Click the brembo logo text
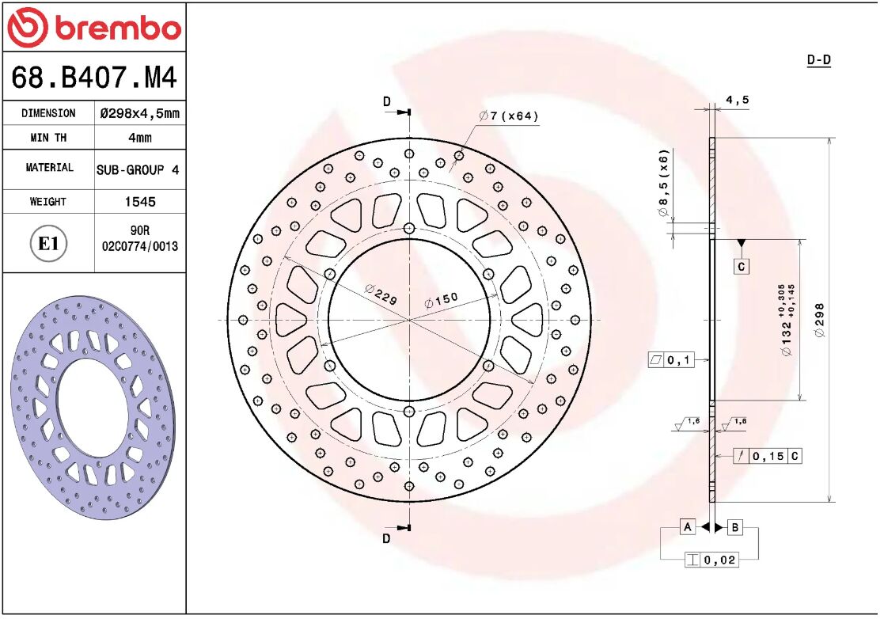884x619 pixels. [117, 28]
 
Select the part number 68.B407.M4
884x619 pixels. [93, 78]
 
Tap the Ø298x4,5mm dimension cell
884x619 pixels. [139, 113]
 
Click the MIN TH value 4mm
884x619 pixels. [139, 138]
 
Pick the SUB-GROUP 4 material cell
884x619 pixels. [138, 169]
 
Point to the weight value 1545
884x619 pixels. [140, 202]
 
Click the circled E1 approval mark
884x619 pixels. [48, 243]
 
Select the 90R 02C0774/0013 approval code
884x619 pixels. [140, 238]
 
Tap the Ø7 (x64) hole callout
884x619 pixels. [509, 116]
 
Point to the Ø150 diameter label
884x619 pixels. [441, 301]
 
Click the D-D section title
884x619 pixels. [818, 60]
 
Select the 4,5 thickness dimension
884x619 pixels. [737, 101]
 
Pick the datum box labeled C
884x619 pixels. [742, 267]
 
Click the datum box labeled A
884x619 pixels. [688, 527]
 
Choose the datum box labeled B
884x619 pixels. [734, 527]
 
